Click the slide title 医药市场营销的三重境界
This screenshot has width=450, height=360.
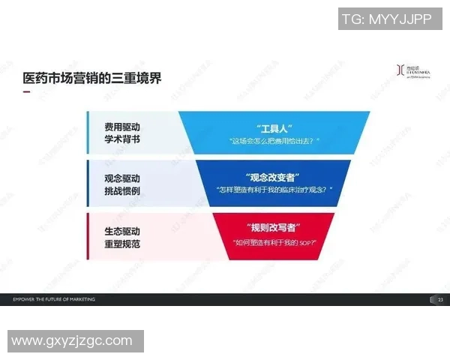click(93, 78)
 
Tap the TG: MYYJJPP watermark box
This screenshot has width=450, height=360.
click(386, 19)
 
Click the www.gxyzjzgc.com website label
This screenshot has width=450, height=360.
click(72, 341)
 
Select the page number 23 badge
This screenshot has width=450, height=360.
click(439, 299)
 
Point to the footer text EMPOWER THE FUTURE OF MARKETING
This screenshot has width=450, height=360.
click(54, 299)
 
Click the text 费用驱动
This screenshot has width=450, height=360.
click(122, 127)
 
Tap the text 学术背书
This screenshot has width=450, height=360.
click(122, 140)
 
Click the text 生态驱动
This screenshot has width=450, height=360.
click(122, 230)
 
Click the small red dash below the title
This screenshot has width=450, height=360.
click(27, 93)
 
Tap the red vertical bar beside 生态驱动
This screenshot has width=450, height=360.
click(88, 236)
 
